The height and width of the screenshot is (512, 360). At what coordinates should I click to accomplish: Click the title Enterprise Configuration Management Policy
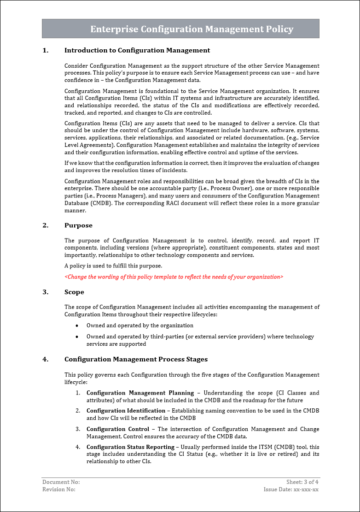[x=192, y=29]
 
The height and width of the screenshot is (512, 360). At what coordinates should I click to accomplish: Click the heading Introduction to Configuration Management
[x=137, y=50]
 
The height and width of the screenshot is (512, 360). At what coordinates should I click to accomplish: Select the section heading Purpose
[x=78, y=225]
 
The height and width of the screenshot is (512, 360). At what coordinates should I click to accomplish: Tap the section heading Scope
[x=74, y=292]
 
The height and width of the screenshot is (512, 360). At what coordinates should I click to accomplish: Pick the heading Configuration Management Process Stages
[x=136, y=359]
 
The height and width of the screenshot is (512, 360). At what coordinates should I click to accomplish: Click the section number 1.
[x=45, y=50]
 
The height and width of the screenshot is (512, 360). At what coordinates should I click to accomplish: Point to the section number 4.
[x=45, y=359]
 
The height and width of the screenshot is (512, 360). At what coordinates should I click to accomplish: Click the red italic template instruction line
[x=174, y=277]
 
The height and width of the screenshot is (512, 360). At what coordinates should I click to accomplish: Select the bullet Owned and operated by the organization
[x=134, y=326]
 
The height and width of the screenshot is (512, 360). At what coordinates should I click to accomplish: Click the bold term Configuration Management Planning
[x=140, y=393]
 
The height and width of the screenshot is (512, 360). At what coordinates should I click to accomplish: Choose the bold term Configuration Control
[x=118, y=429]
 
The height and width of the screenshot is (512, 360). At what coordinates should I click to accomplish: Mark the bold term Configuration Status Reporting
[x=130, y=447]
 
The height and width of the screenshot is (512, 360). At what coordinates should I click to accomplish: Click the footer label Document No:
[x=61, y=482]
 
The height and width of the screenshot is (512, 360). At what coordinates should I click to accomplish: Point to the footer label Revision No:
[x=59, y=489]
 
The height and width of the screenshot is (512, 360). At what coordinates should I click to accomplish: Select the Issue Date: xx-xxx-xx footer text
[x=291, y=489]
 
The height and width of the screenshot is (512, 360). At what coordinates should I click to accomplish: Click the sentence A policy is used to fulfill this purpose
[x=113, y=266]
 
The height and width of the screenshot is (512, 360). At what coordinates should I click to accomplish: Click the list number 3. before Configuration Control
[x=78, y=429]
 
